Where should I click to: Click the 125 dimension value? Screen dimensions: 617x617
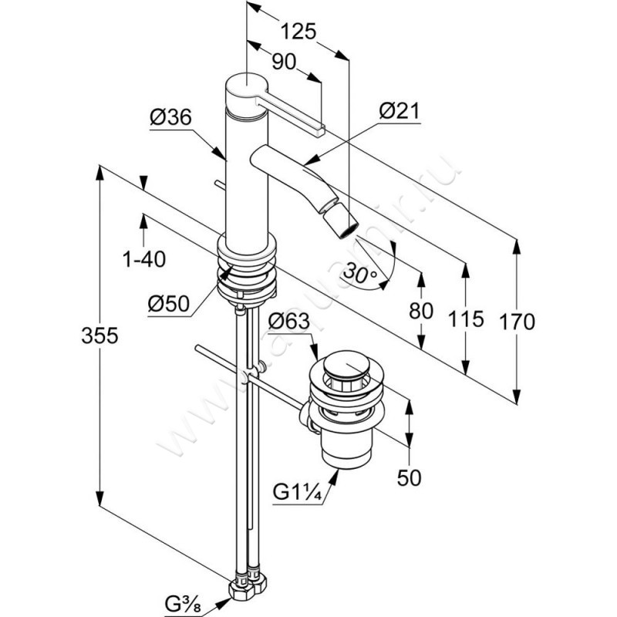point(298,32)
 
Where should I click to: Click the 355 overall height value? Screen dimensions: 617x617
point(99,335)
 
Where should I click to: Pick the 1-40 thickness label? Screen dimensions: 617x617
point(144,260)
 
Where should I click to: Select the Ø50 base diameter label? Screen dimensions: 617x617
point(170,303)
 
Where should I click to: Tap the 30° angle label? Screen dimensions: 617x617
point(361,272)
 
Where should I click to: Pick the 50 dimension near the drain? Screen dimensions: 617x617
point(410,478)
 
